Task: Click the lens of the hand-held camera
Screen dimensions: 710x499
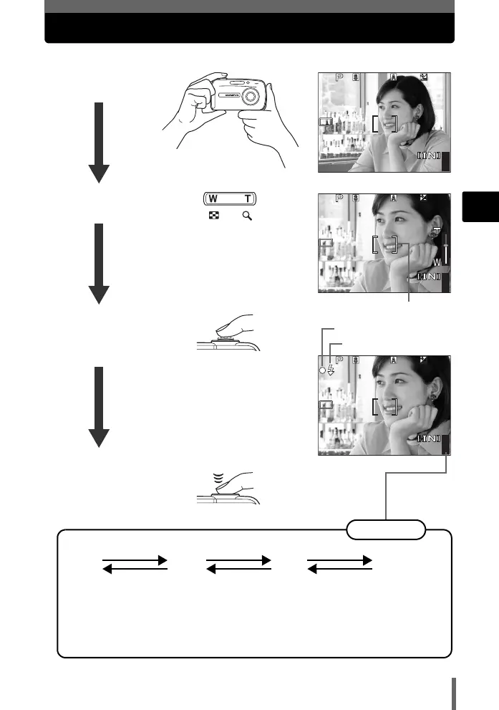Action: tap(251, 96)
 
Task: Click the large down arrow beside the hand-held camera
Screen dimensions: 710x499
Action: tap(99, 143)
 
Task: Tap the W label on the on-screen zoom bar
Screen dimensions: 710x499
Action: tap(437, 263)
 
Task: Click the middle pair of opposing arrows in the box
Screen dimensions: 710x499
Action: tap(238, 564)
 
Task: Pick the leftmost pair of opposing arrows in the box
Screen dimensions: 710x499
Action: tap(135, 564)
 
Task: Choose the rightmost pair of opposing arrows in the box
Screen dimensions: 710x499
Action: tap(339, 564)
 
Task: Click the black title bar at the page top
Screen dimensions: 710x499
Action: tap(249, 28)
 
